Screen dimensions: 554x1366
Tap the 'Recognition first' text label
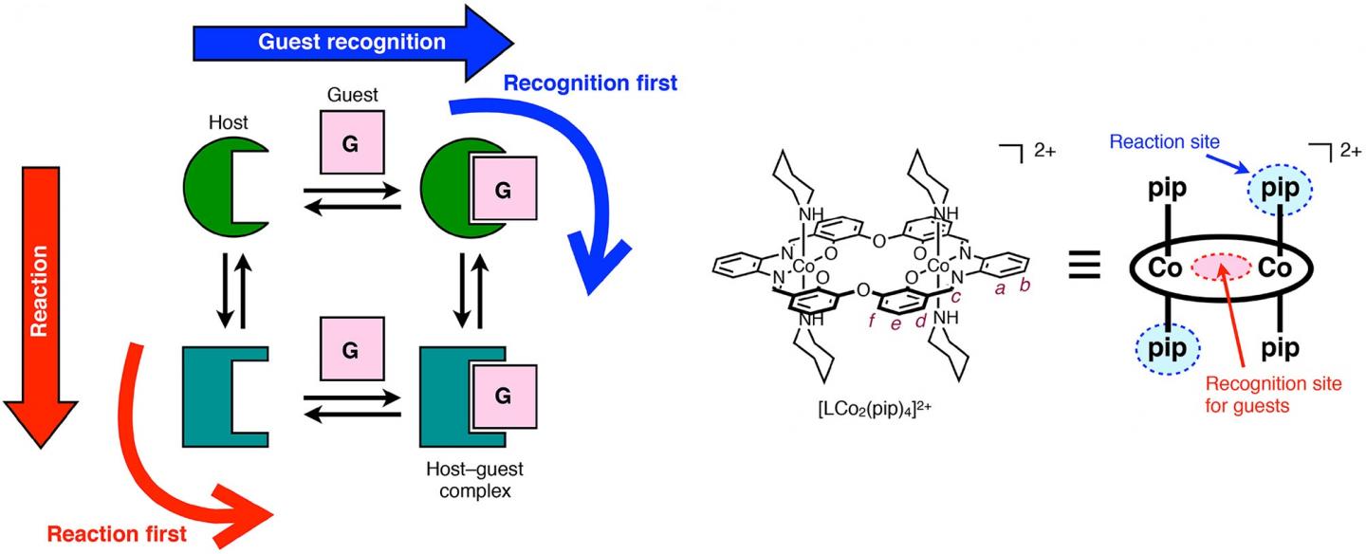(590, 83)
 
